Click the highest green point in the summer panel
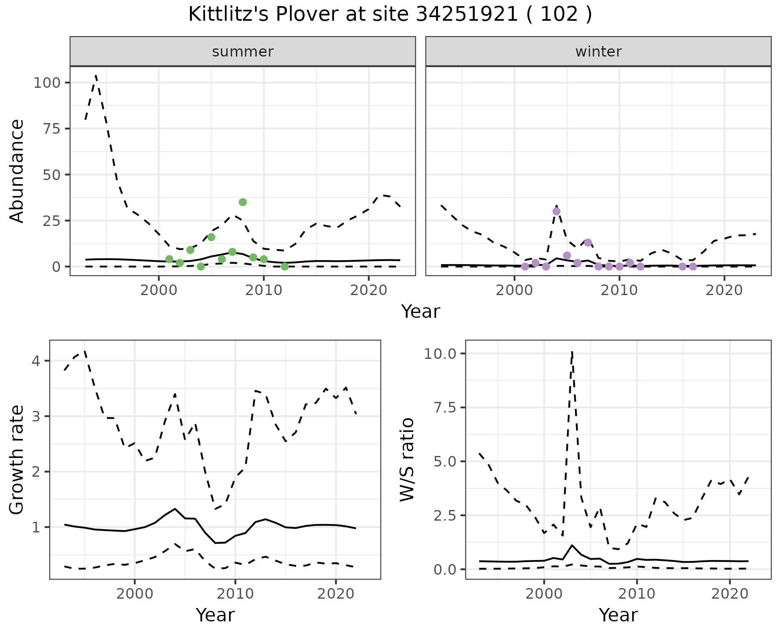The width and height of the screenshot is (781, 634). click(243, 202)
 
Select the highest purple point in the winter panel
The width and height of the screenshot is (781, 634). click(556, 211)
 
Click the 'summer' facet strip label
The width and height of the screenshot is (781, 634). click(243, 52)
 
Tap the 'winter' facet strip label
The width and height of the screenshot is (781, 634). click(598, 52)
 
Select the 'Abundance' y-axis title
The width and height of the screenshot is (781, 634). click(17, 171)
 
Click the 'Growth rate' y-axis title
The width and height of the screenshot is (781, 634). click(17, 460)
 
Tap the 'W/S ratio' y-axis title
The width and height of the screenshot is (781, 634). click(407, 460)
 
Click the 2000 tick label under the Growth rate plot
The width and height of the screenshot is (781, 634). click(135, 594)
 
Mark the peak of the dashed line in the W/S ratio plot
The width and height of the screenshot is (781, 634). click(572, 352)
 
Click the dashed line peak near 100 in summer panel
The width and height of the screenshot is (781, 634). click(96, 76)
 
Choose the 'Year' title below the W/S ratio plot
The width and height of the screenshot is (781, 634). click(618, 615)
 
